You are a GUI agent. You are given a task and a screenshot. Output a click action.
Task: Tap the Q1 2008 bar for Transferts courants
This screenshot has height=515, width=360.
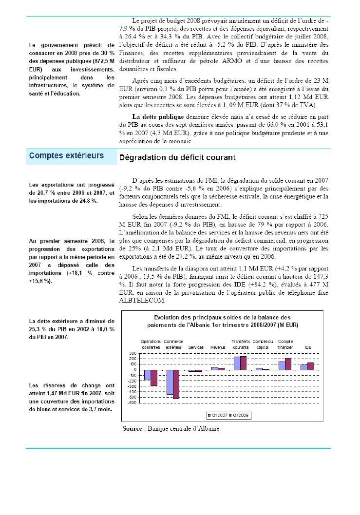pos(243,363)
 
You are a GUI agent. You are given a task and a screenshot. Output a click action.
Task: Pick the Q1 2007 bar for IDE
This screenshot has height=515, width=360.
pos(304,367)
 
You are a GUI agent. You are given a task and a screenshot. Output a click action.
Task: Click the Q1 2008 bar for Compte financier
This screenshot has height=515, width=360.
pos(288,364)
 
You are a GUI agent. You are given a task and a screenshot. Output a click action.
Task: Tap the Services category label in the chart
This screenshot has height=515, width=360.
pos(196,347)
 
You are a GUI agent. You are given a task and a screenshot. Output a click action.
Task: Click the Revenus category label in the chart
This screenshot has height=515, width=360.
pos(218,347)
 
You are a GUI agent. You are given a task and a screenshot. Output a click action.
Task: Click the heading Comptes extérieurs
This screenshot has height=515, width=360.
pos(67,156)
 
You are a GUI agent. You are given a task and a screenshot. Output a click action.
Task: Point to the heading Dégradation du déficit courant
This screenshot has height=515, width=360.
pos(177,157)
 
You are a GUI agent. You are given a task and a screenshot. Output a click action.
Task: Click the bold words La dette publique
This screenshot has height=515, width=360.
pos(151,117)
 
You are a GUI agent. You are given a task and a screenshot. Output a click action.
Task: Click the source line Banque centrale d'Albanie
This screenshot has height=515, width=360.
pos(171,429)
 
